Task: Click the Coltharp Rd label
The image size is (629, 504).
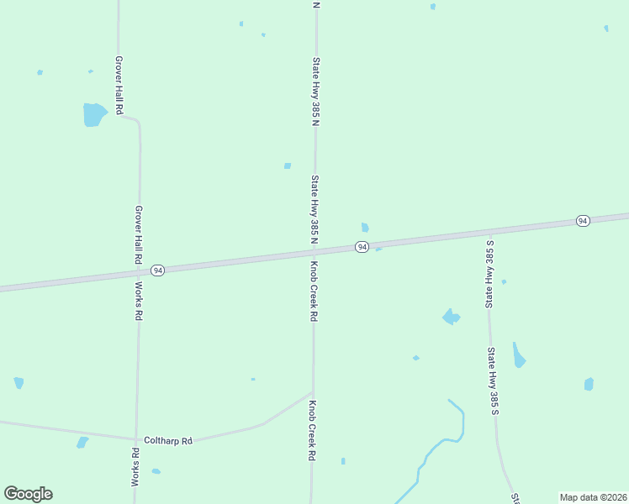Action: tap(168, 440)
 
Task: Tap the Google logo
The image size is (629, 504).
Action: tap(28, 494)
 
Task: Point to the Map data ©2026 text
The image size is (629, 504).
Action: tap(594, 497)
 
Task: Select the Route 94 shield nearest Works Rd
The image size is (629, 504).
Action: tap(157, 270)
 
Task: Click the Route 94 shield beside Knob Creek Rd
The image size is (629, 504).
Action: tap(362, 246)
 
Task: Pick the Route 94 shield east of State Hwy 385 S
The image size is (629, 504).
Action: tap(582, 220)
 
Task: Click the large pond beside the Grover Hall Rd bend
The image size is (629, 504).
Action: tap(94, 113)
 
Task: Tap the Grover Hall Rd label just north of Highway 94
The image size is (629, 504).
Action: tap(139, 235)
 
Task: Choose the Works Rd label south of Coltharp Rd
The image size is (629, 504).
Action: tap(135, 467)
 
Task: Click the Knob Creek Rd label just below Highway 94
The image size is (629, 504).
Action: tap(314, 291)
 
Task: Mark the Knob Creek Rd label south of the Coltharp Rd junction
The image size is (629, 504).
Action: tap(311, 430)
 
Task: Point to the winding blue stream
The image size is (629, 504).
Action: tap(437, 445)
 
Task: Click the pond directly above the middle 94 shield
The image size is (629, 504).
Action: tap(365, 227)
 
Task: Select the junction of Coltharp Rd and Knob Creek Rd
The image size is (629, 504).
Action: tap(313, 392)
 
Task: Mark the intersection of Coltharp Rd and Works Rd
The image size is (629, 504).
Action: tap(135, 438)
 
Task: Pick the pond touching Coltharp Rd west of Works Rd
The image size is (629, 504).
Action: tap(82, 442)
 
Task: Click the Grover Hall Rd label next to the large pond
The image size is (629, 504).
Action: tap(119, 86)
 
